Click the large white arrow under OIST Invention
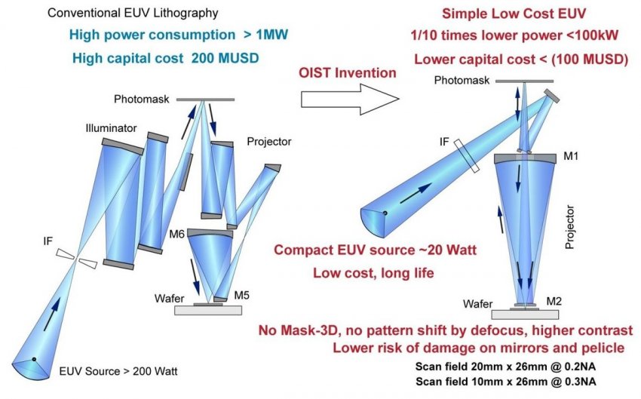click(x=350, y=99)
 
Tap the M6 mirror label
click(x=177, y=235)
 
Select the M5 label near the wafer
click(x=241, y=295)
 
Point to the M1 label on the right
click(x=571, y=156)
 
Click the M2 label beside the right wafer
click(x=554, y=301)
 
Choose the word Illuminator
click(x=111, y=128)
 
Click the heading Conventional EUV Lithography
click(x=133, y=13)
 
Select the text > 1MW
click(x=265, y=35)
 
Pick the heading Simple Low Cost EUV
click(x=514, y=14)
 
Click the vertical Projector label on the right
click(x=569, y=227)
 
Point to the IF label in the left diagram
click(x=48, y=241)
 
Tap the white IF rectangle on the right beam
click(x=467, y=155)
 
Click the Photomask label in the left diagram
click(x=142, y=99)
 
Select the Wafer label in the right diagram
click(x=478, y=304)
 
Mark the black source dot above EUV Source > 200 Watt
click(x=34, y=359)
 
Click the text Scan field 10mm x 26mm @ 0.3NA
click(x=506, y=382)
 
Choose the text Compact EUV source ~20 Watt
click(x=376, y=250)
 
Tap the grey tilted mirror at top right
click(x=552, y=96)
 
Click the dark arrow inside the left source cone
click(x=52, y=314)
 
